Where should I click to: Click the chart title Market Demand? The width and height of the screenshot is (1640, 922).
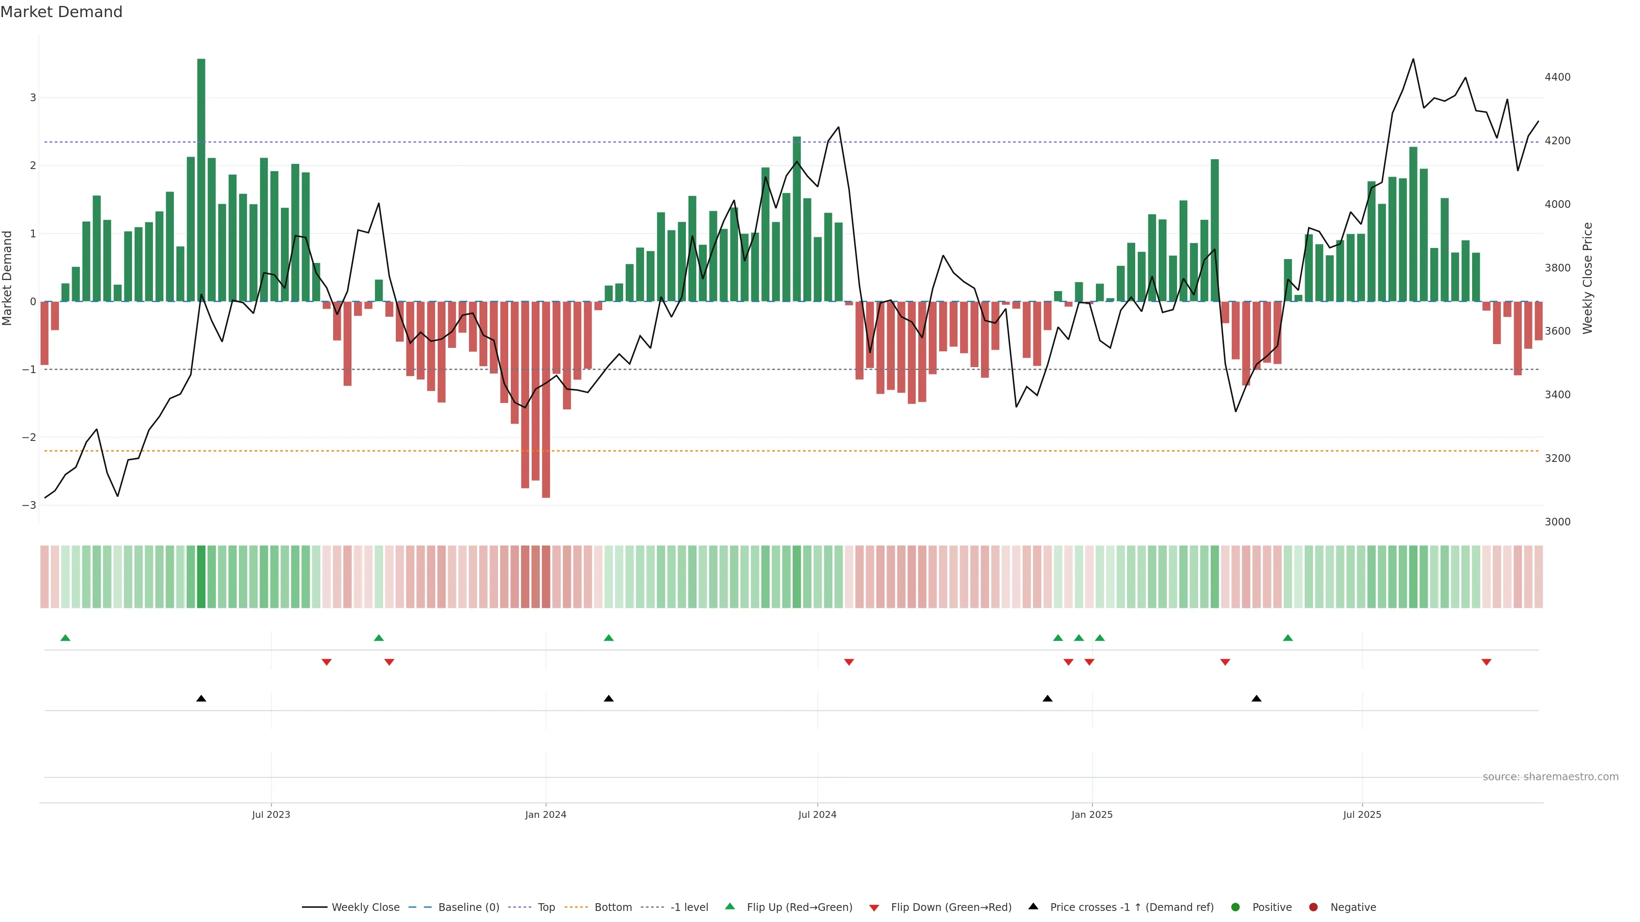(x=61, y=12)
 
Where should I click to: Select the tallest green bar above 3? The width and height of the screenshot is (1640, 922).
(x=201, y=178)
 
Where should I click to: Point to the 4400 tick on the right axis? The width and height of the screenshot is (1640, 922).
(x=1557, y=77)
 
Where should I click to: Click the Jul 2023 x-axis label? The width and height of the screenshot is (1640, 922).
(x=271, y=814)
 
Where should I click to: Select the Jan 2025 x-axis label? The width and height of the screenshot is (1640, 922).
(x=1092, y=814)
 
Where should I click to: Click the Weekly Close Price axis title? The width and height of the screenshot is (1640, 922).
(x=1587, y=277)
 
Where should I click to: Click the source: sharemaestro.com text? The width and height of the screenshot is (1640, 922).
(x=1550, y=777)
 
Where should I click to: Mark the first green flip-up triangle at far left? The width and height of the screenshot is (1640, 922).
(x=65, y=638)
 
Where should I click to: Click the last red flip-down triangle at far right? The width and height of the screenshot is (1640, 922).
(x=1487, y=662)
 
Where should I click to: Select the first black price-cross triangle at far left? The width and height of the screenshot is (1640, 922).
(x=201, y=699)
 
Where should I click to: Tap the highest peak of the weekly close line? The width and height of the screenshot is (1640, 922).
(x=1413, y=59)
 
